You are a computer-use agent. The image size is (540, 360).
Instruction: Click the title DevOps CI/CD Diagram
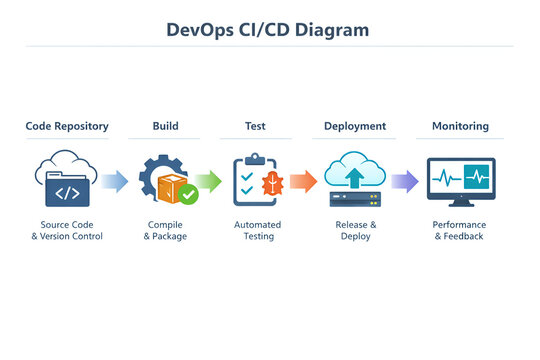point(267,30)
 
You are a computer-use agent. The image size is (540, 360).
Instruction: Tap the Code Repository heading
point(67,127)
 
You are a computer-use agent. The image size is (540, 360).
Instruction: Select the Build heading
point(165,127)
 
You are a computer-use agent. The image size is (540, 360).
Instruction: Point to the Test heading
point(255,127)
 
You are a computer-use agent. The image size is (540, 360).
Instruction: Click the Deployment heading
point(355,127)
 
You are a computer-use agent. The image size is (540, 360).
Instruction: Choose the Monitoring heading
point(460,127)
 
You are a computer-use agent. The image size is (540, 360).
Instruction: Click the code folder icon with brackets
point(68,190)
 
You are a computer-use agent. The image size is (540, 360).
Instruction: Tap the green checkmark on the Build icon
point(188,194)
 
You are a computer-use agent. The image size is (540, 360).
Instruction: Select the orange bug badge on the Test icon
point(273,183)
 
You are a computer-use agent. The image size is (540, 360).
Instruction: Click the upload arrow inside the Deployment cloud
point(355,177)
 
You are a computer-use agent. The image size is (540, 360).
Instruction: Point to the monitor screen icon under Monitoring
point(459,181)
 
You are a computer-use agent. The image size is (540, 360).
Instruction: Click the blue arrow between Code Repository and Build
point(115,181)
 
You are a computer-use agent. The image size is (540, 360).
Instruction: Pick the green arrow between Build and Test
point(209,181)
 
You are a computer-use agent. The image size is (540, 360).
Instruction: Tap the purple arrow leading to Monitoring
point(404,181)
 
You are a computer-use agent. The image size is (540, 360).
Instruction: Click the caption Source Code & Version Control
point(67,231)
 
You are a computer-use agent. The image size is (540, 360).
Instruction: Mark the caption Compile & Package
point(165,231)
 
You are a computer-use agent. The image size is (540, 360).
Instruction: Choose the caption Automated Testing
point(257,231)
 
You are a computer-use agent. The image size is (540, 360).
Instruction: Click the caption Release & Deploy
point(356,231)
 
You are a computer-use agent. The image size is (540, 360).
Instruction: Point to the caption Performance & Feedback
point(459,231)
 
